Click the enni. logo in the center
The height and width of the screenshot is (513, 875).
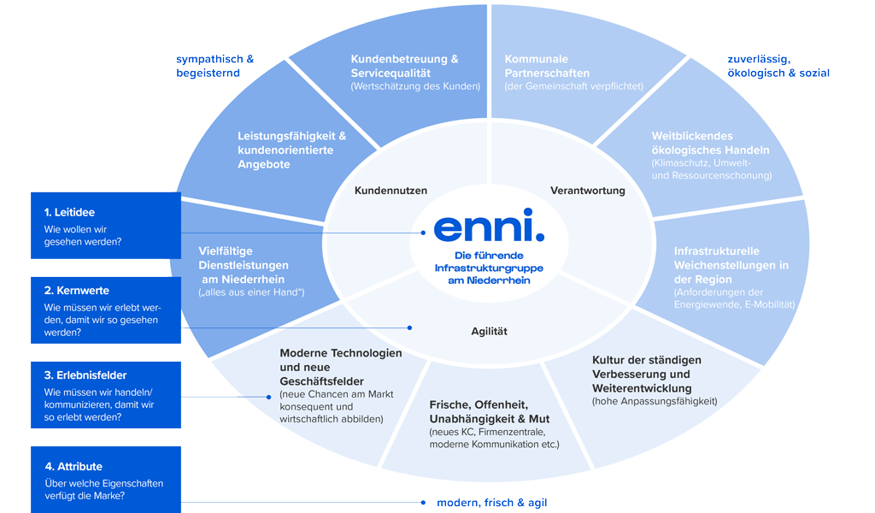[488, 226]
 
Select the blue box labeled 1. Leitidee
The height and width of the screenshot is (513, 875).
[106, 226]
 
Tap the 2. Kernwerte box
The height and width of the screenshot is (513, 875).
[106, 309]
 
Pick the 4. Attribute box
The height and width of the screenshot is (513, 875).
[106, 480]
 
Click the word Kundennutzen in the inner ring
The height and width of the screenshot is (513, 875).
[391, 191]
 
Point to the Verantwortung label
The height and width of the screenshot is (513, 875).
[587, 191]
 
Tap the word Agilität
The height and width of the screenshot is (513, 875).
[489, 331]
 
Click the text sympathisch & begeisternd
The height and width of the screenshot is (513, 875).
[214, 66]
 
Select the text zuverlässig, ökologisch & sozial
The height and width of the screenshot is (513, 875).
[778, 66]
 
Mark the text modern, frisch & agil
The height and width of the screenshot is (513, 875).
[491, 502]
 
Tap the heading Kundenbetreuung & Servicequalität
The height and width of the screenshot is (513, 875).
[404, 66]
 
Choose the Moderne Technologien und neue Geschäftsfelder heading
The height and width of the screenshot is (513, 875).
[340, 367]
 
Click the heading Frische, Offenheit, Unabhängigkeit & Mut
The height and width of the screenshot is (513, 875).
[489, 411]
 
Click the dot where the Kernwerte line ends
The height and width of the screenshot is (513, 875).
[409, 327]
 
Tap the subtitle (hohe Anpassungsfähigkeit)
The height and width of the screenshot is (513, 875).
[655, 401]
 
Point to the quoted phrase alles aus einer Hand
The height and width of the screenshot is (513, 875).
[251, 292]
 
